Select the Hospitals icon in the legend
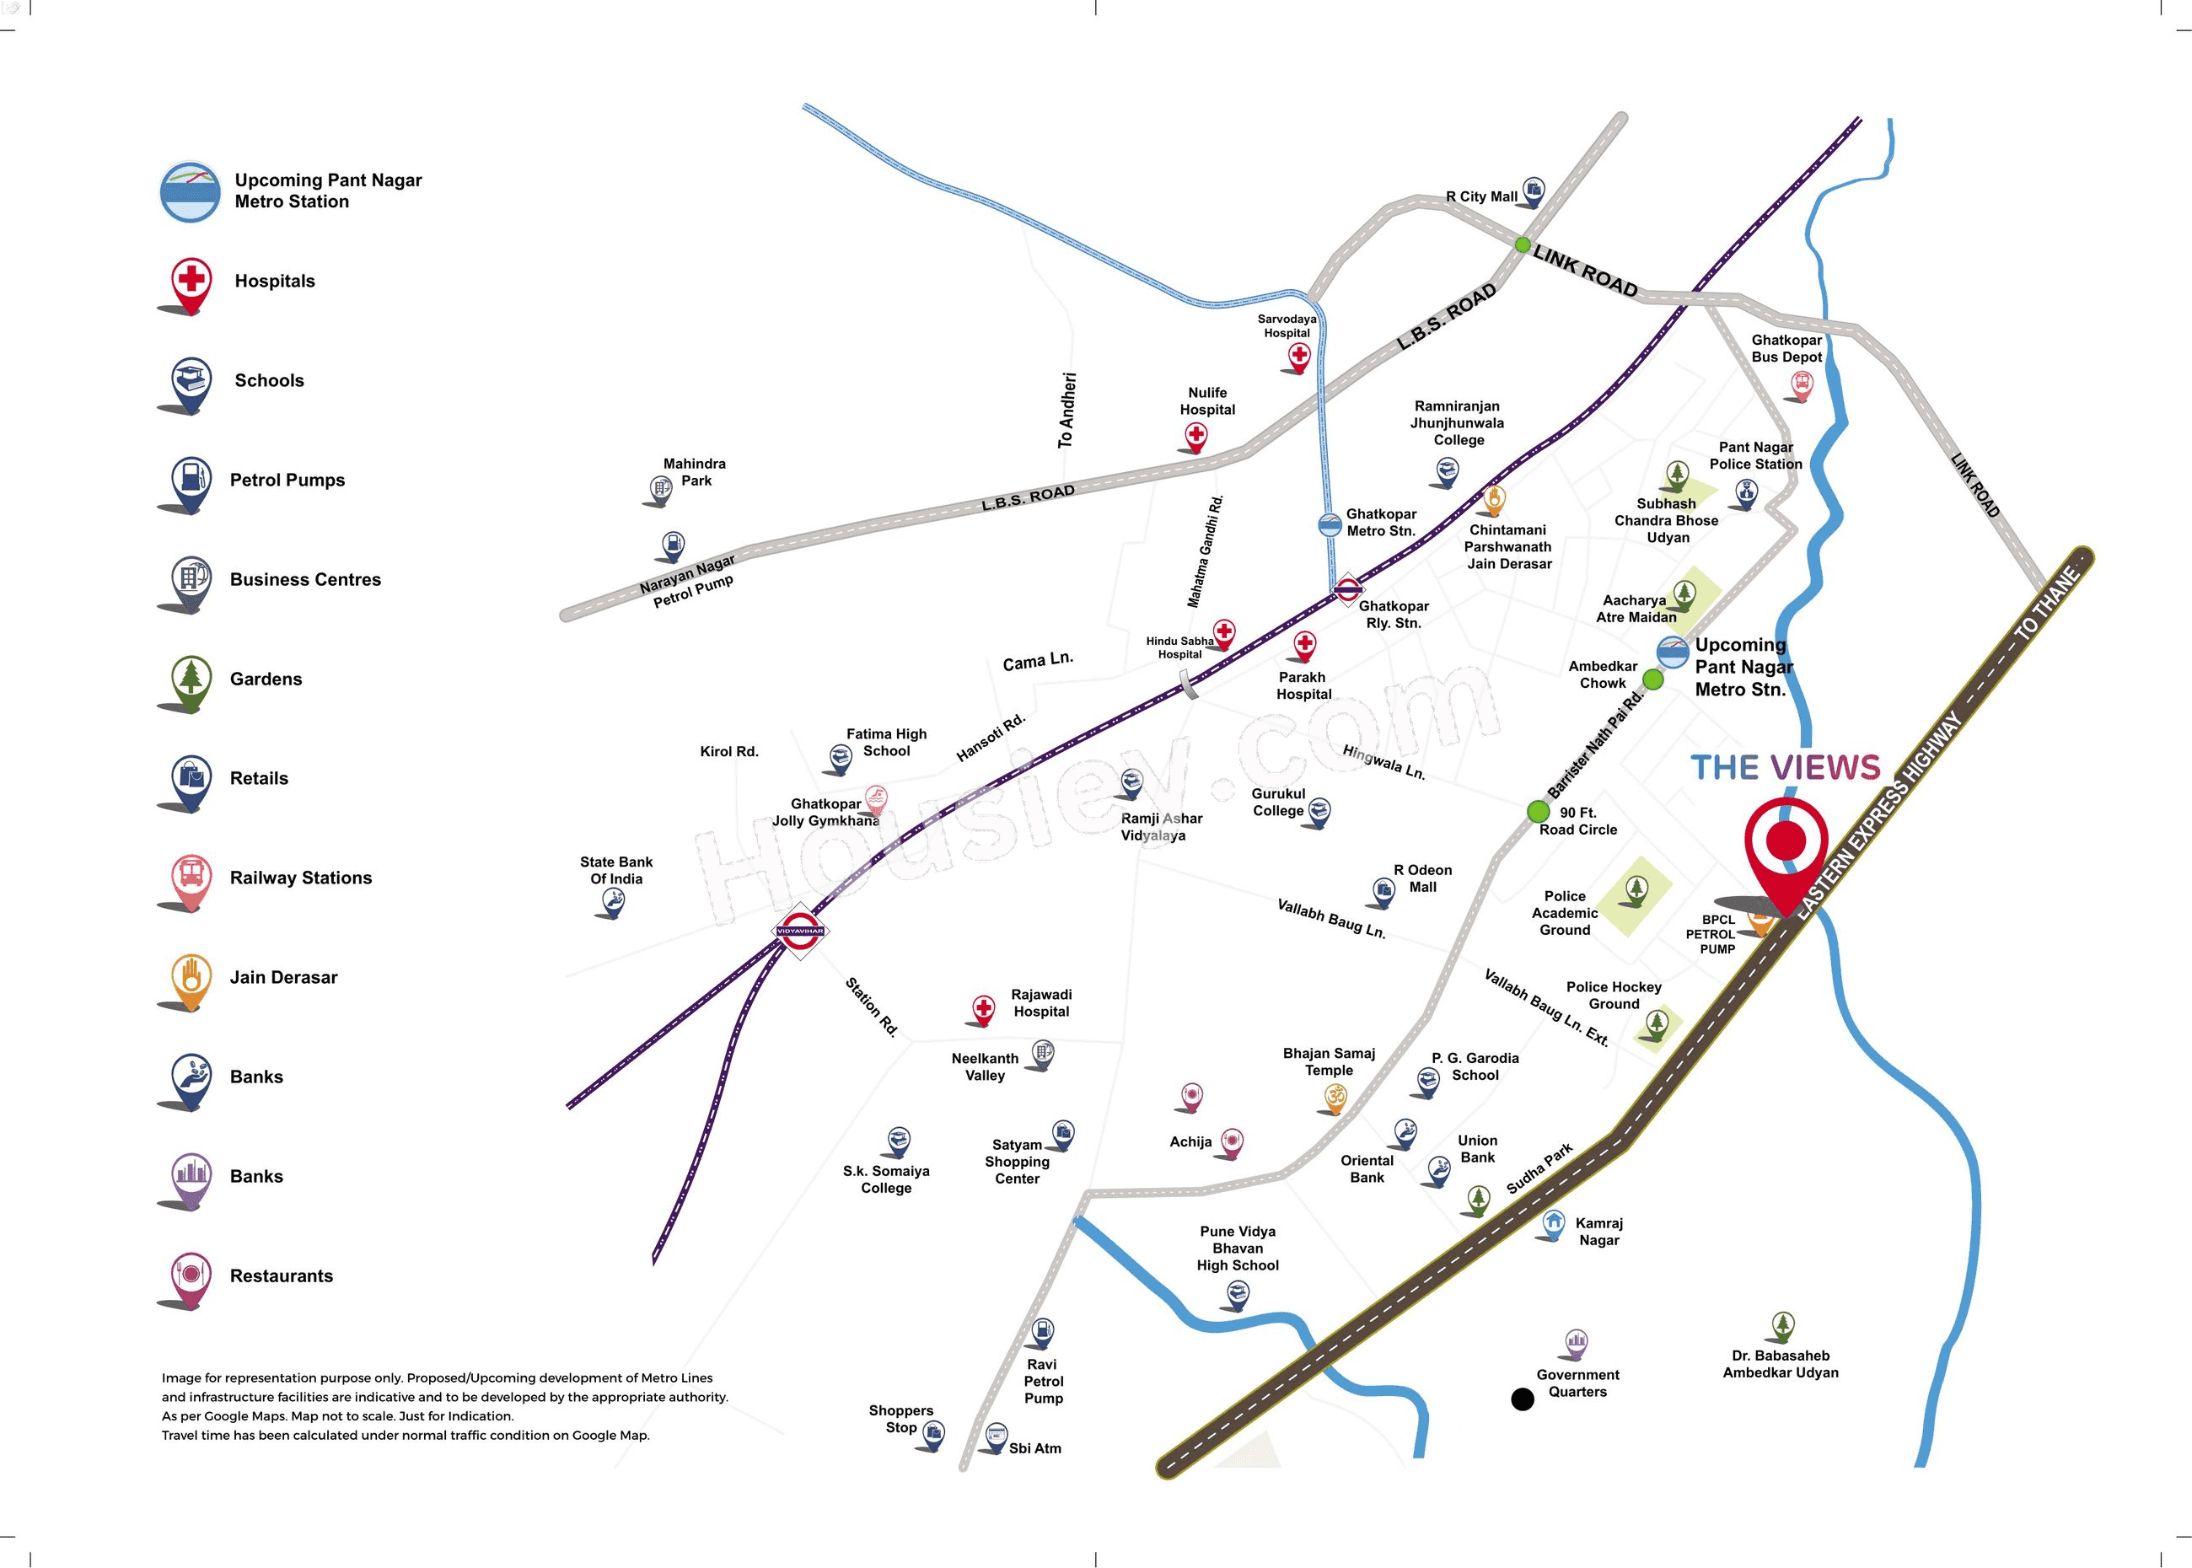point(191,282)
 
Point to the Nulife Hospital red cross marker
point(1196,437)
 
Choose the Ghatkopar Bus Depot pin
point(1801,385)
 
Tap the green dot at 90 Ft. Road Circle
point(1539,811)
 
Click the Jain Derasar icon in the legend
point(191,977)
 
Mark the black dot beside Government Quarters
point(1522,1399)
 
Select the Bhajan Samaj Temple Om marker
point(1335,1098)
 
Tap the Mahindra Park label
point(695,472)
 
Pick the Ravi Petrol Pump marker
point(1042,1333)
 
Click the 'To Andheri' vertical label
point(1066,411)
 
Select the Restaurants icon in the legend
point(191,1275)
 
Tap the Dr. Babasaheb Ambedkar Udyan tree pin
point(1782,1326)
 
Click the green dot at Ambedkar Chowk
point(1653,679)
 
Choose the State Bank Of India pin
point(613,903)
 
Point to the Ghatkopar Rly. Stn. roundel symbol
point(1347,588)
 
